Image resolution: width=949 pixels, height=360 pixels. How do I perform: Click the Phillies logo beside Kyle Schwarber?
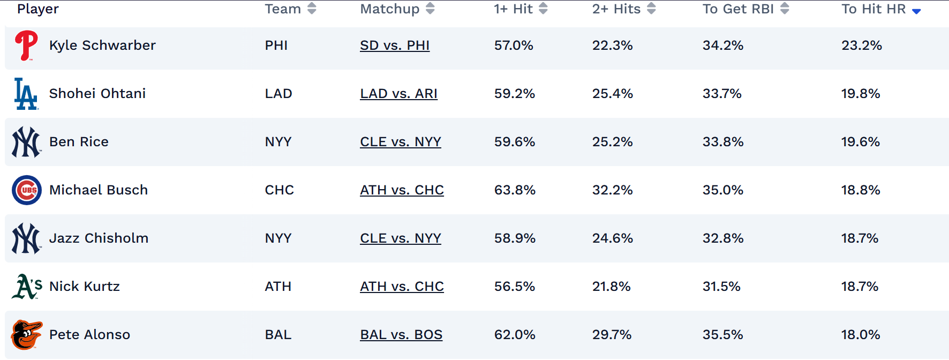[x=26, y=46]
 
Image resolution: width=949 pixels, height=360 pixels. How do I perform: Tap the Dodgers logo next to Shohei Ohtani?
[x=26, y=94]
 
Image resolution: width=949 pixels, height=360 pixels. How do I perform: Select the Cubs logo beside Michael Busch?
[x=27, y=190]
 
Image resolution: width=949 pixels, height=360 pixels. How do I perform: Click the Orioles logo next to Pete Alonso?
[x=26, y=335]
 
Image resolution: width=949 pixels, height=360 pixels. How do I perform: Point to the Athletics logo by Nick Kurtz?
[x=27, y=287]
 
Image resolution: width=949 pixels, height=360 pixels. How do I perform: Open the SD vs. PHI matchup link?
[x=395, y=46]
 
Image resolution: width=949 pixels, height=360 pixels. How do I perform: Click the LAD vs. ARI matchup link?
[x=398, y=94]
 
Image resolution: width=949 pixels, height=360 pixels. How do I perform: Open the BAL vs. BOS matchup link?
[x=401, y=335]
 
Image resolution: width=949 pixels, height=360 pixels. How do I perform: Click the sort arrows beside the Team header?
[x=312, y=9]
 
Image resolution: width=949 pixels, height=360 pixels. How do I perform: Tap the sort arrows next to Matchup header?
[x=430, y=9]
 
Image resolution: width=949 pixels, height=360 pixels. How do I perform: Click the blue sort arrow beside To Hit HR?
[x=916, y=11]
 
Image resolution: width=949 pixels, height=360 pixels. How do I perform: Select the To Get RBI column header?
[x=738, y=9]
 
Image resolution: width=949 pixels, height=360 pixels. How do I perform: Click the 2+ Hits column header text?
[x=616, y=9]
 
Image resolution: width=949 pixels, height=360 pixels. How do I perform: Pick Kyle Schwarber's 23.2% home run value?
[x=862, y=46]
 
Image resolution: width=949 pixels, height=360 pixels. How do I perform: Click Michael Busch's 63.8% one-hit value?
[x=515, y=190]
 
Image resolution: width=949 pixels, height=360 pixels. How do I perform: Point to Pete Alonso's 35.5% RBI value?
[x=723, y=335]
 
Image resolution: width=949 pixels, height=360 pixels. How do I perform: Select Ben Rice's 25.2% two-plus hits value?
[x=613, y=142]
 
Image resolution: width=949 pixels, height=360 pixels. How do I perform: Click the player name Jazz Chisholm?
[x=99, y=238]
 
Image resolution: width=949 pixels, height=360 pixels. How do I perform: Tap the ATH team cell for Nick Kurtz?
[x=278, y=287]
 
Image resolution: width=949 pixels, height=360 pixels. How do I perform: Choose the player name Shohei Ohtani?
[x=97, y=94]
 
